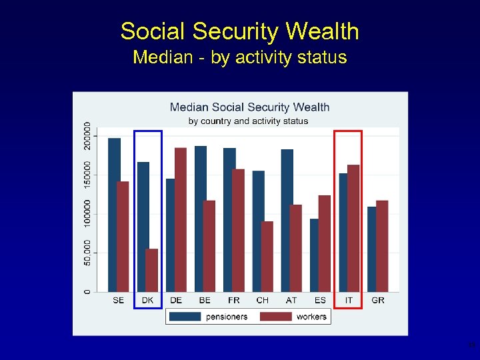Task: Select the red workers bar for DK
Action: (x=152, y=270)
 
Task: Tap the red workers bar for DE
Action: (x=181, y=219)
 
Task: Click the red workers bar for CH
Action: (x=267, y=256)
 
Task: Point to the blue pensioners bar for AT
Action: (x=287, y=220)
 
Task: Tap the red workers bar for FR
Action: (x=238, y=230)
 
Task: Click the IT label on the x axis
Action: (x=349, y=301)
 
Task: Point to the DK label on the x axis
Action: (x=147, y=301)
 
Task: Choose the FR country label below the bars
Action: (x=233, y=301)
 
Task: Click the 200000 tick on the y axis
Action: (x=87, y=136)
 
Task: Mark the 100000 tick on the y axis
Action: (x=87, y=214)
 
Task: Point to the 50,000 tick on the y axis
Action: (x=87, y=253)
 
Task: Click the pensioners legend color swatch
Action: (x=186, y=317)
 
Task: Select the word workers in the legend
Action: (x=311, y=317)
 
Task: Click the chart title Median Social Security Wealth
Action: (x=249, y=107)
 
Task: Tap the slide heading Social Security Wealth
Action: (x=239, y=31)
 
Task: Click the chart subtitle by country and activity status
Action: (x=248, y=121)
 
